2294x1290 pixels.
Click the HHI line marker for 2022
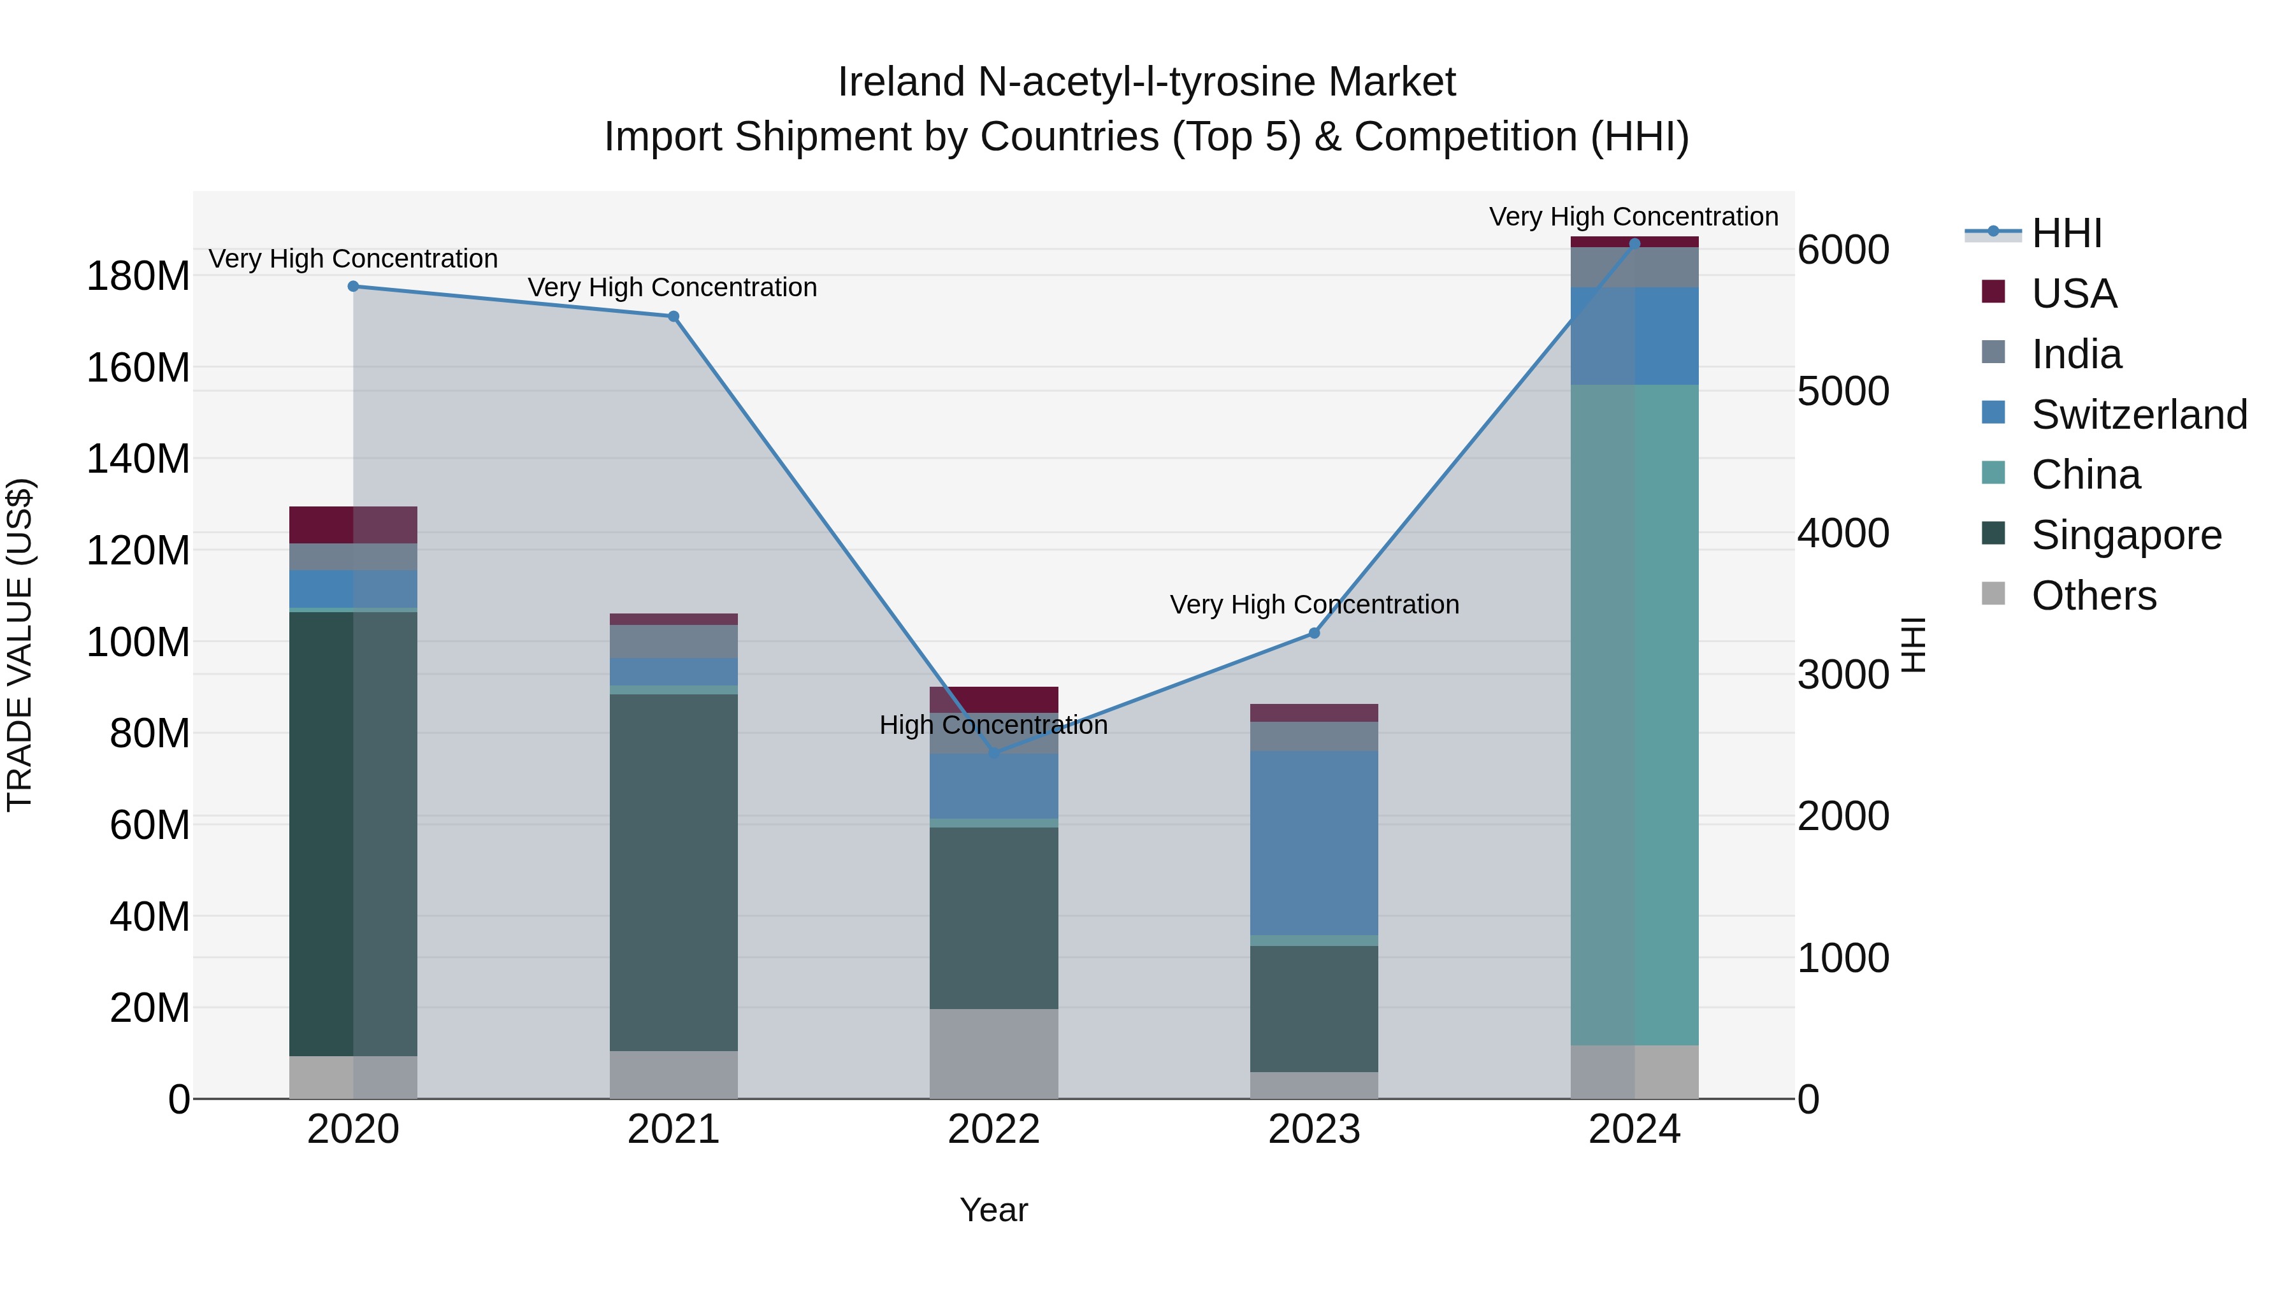(994, 753)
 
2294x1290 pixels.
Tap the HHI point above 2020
(354, 287)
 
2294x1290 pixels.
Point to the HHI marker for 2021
(674, 316)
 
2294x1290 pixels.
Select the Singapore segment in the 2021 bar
(674, 873)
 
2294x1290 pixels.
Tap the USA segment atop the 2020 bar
(354, 524)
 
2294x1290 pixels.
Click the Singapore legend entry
(2126, 535)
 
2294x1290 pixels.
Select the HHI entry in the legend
(2066, 233)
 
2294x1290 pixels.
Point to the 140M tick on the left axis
(138, 459)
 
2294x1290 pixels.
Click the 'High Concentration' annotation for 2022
(994, 725)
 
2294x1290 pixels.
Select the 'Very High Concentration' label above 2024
(1633, 217)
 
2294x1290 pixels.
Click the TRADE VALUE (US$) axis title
(20, 645)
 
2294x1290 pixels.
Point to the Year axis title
(994, 1210)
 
